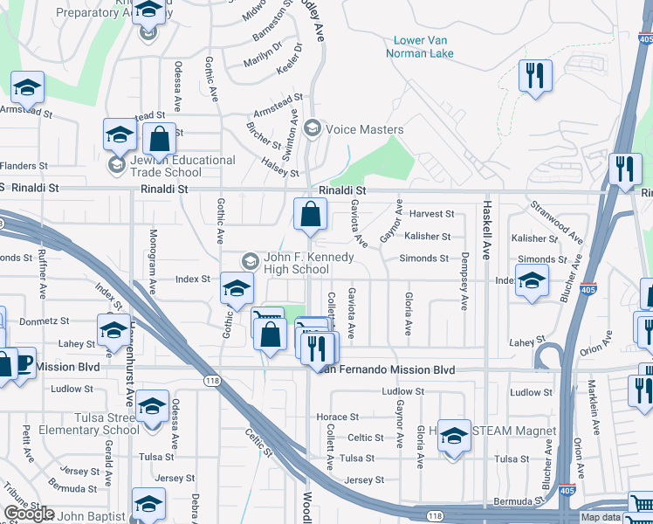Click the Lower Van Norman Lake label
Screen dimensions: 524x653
click(426, 46)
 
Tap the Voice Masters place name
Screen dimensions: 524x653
click(364, 129)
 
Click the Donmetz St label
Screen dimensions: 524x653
click(59, 321)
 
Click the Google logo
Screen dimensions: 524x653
click(29, 514)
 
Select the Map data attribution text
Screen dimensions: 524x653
click(603, 518)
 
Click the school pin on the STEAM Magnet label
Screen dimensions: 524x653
click(454, 436)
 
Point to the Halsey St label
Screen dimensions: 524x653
click(280, 162)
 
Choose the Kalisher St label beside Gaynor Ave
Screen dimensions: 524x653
click(428, 237)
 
